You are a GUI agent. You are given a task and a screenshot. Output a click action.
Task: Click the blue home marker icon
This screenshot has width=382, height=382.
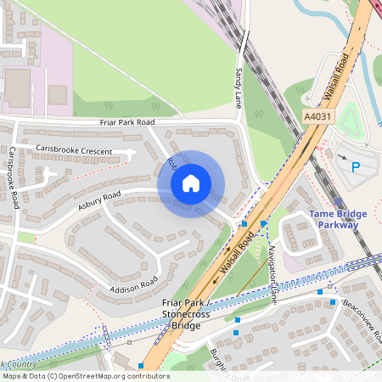190,183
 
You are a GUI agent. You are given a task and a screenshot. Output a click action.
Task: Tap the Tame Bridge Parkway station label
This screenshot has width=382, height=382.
338,219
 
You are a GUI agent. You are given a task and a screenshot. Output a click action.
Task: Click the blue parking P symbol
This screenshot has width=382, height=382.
357,167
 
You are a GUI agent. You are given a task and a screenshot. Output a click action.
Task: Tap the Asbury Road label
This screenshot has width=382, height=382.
99,200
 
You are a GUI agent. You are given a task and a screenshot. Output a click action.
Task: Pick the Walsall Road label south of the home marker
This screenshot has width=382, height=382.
237,255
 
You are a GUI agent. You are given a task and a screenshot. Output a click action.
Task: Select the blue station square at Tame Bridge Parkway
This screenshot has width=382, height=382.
339,202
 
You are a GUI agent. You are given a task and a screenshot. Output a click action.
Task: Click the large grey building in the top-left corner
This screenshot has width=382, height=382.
18,87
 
